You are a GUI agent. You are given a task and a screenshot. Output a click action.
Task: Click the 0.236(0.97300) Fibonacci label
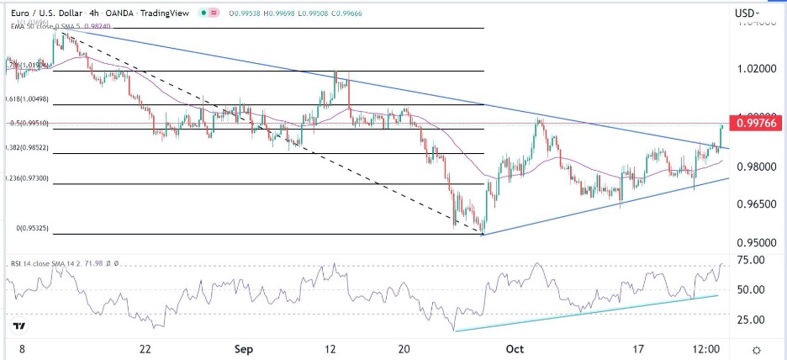(x=27, y=178)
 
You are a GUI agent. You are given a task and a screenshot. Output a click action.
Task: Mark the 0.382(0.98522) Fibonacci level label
(x=27, y=148)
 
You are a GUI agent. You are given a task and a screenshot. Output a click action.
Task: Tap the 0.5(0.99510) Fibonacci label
(x=27, y=123)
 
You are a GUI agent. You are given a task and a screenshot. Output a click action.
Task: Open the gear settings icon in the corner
(x=757, y=349)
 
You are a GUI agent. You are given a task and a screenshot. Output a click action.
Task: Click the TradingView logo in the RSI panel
(x=18, y=326)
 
